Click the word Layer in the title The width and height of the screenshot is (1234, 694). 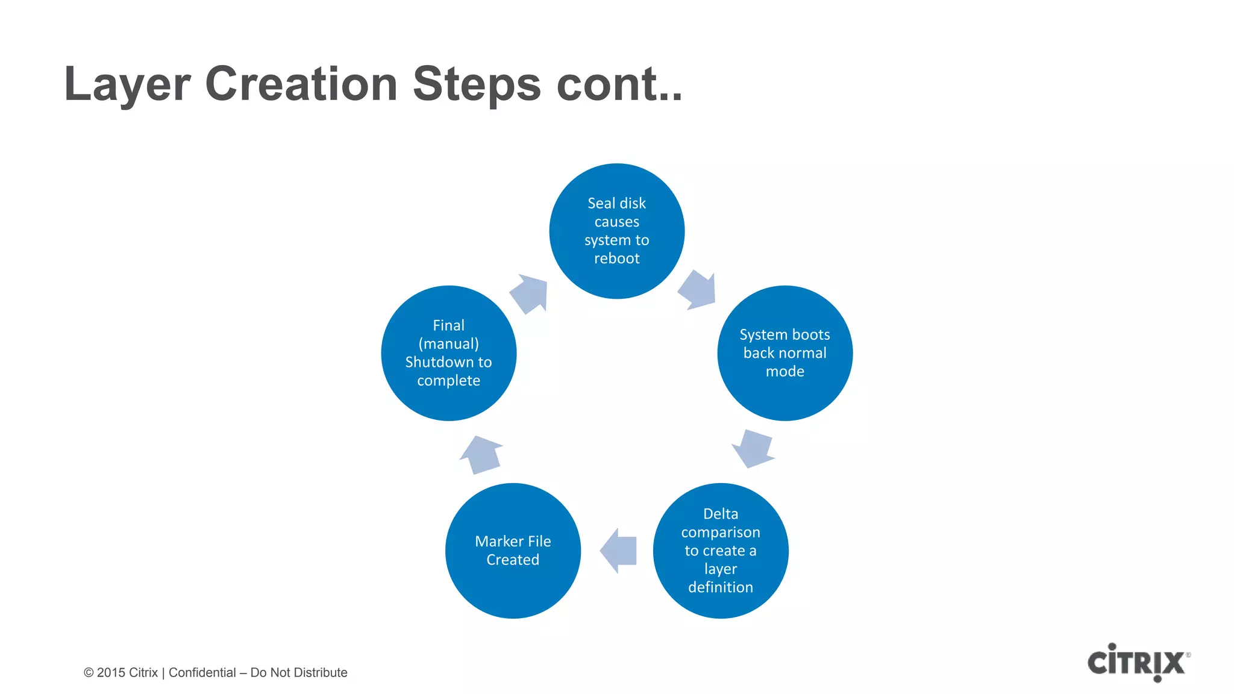point(127,84)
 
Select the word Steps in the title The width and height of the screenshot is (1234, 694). point(477,84)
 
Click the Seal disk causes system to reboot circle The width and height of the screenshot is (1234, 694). point(616,231)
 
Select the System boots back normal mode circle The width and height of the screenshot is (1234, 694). point(785,353)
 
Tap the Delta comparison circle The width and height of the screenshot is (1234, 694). point(721,550)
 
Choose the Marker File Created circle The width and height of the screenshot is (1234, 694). point(513,550)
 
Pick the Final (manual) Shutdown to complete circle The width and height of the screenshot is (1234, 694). point(448,353)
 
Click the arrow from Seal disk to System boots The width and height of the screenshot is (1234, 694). point(698,290)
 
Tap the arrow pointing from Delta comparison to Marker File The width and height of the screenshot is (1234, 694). point(619,550)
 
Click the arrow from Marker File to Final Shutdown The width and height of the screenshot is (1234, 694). point(481,455)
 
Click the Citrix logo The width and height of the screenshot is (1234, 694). point(1137,663)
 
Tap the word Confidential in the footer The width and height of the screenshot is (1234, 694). point(202,672)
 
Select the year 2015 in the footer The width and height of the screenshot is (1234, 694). point(111,672)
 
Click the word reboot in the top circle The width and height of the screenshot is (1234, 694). point(616,258)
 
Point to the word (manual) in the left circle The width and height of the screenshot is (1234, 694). point(448,343)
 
